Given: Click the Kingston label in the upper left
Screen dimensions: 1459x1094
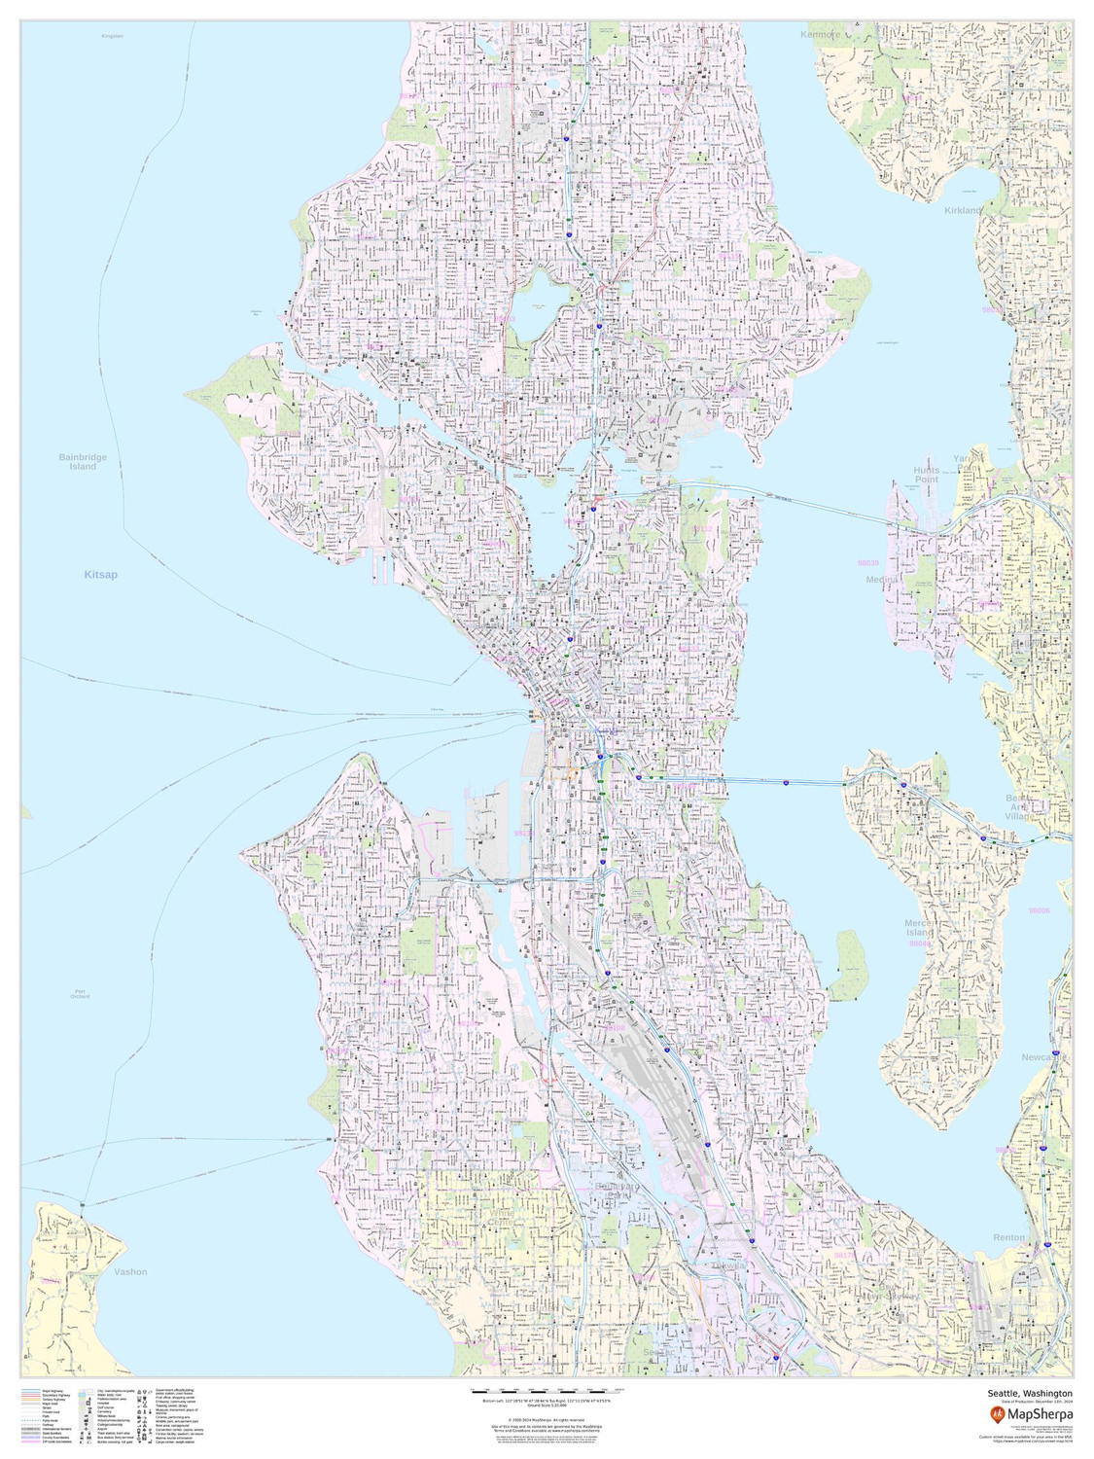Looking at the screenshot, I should coord(112,36).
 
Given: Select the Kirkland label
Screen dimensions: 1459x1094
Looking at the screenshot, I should coord(964,210).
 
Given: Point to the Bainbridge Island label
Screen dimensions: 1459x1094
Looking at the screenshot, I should coord(83,462).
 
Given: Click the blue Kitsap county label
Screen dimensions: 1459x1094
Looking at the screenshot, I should coord(100,575).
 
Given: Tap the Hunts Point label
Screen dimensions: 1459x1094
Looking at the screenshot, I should coord(926,475).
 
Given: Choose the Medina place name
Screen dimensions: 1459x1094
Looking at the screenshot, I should coord(883,580).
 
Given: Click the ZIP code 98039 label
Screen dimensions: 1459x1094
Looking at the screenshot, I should coord(867,563).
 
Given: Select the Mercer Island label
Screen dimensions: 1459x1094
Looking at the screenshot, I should coord(919,928).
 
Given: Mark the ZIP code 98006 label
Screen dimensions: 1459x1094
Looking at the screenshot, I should coord(1040,911).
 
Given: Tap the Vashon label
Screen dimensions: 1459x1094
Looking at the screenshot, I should coord(130,1271).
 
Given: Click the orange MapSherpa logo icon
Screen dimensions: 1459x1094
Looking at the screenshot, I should coord(997,1413).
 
